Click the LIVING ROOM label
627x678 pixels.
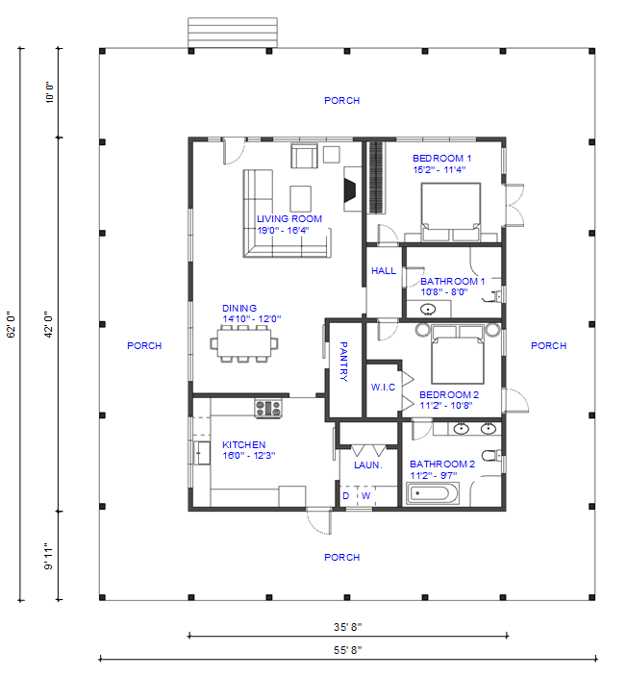pyautogui.click(x=289, y=219)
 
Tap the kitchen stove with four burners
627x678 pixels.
pyautogui.click(x=268, y=409)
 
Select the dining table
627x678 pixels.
pyautogui.click(x=244, y=343)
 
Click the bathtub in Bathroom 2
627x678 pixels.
pyautogui.click(x=433, y=493)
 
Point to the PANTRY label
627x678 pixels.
pyautogui.click(x=343, y=362)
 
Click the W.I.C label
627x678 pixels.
pyautogui.click(x=383, y=387)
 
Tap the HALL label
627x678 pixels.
pyautogui.click(x=384, y=270)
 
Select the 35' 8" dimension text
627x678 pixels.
pyautogui.click(x=348, y=626)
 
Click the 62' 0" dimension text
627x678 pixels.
pyautogui.click(x=11, y=324)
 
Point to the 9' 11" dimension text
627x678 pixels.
pyautogui.click(x=48, y=557)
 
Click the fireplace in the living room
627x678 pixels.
pyautogui.click(x=352, y=188)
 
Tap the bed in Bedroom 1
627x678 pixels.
pyautogui.click(x=451, y=212)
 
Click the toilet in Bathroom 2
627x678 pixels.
pyautogui.click(x=491, y=455)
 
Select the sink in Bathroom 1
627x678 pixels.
pyautogui.click(x=428, y=309)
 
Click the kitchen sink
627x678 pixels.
pyautogui.click(x=202, y=453)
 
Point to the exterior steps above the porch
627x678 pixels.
pyautogui.click(x=233, y=33)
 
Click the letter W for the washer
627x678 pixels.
pyautogui.click(x=365, y=496)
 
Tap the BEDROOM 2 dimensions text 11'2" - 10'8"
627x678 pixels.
pyautogui.click(x=446, y=406)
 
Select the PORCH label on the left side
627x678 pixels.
pyautogui.click(x=144, y=346)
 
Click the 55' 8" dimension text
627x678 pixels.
pyautogui.click(x=348, y=650)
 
